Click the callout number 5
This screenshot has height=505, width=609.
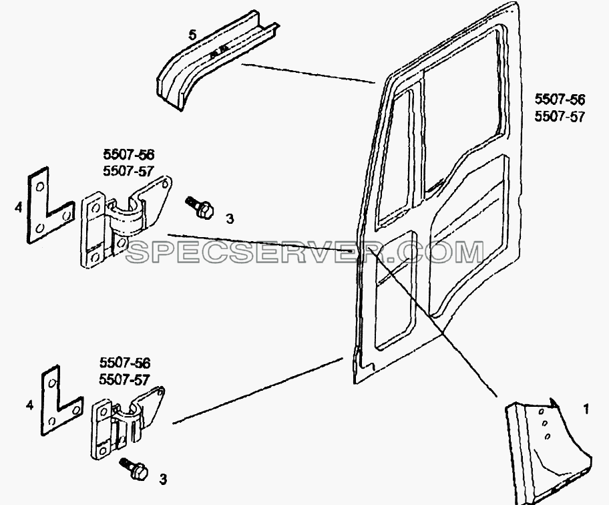(192, 35)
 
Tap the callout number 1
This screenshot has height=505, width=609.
(586, 409)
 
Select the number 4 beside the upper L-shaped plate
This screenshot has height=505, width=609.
(19, 208)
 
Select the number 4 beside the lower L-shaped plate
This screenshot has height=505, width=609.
(29, 405)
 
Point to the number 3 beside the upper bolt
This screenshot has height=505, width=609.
(230, 219)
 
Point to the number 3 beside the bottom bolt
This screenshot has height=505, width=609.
(163, 479)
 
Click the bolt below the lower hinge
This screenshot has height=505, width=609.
(134, 468)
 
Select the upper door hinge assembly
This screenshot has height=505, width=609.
(125, 221)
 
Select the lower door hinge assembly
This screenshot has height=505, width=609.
(126, 424)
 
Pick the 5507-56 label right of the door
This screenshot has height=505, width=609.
(560, 100)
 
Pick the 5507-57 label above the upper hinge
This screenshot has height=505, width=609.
(129, 171)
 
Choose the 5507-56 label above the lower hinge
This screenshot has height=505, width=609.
(125, 363)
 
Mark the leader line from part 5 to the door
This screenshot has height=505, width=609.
(308, 73)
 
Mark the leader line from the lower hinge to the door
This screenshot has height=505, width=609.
(257, 391)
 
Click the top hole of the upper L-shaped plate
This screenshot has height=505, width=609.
(39, 187)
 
